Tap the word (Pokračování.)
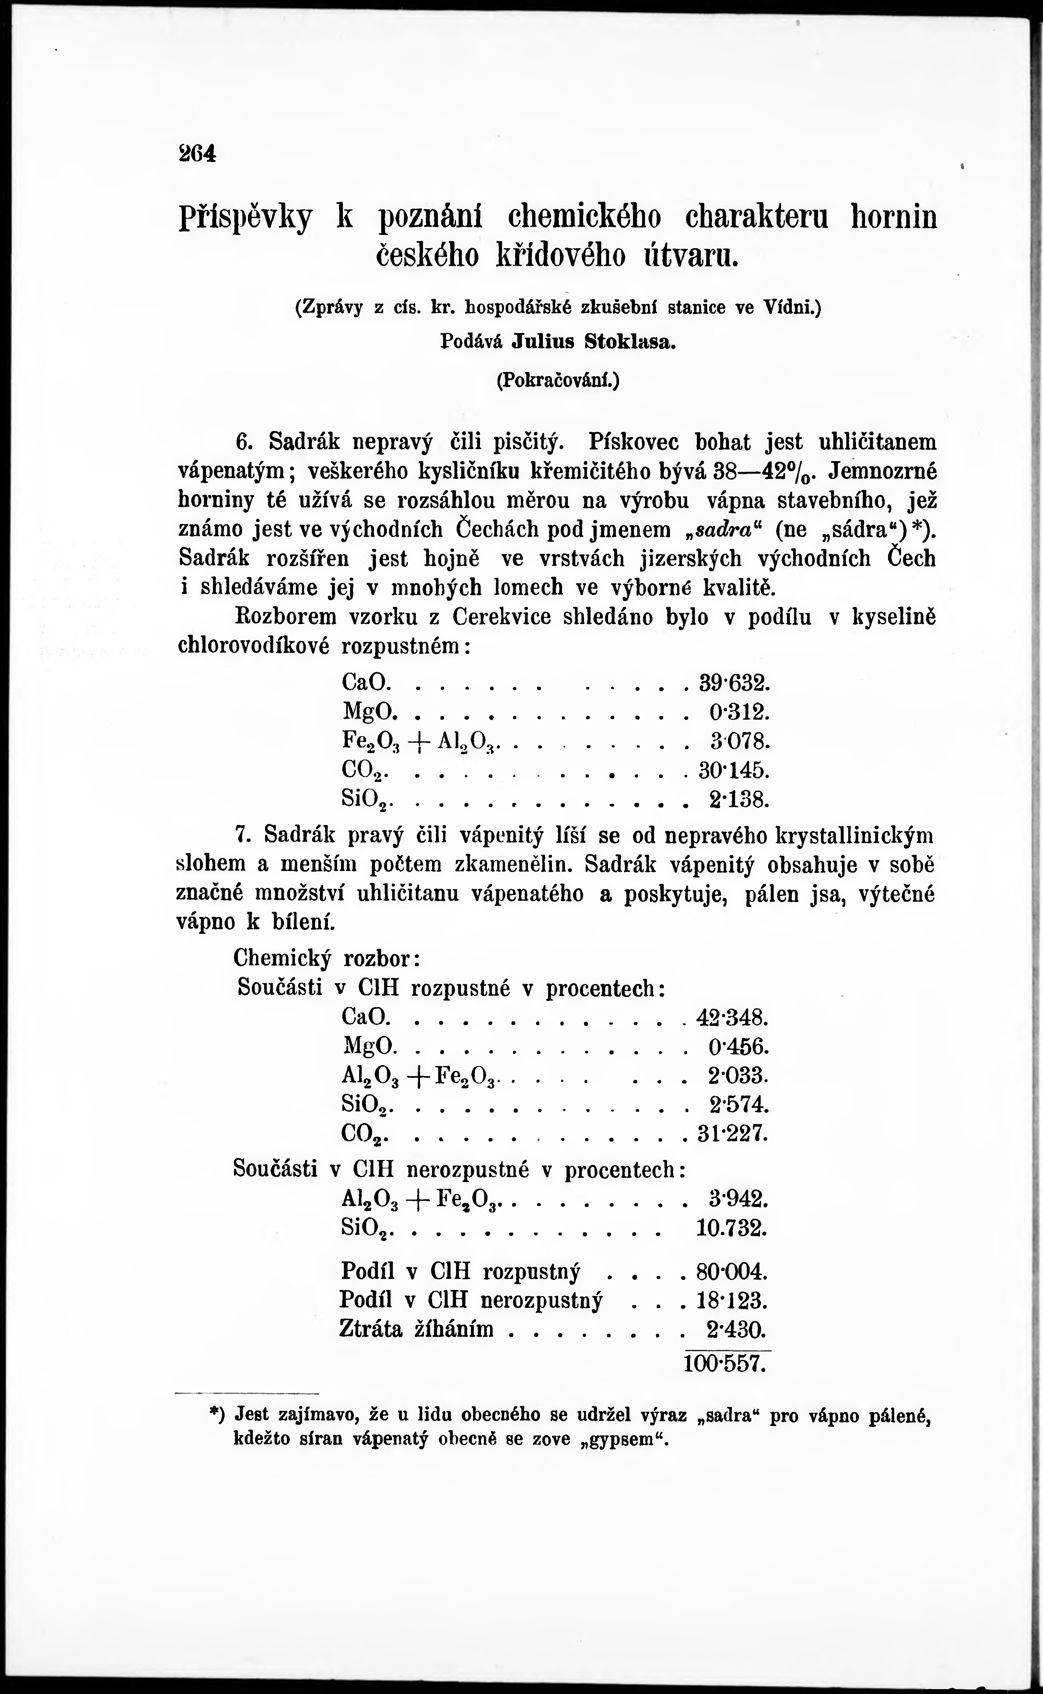pos(557,380)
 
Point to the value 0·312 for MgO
pos(738,712)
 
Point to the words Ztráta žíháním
pos(416,1329)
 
